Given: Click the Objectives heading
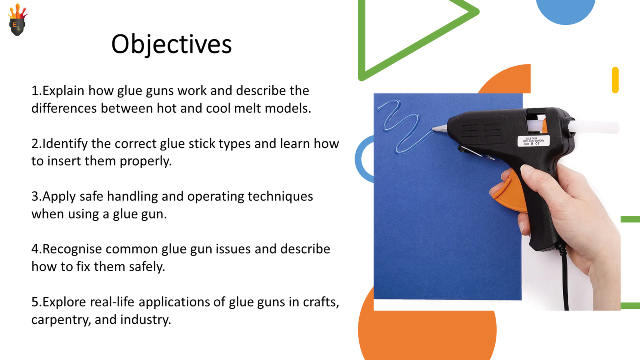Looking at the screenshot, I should [171, 44].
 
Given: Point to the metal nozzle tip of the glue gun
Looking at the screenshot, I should [439, 128].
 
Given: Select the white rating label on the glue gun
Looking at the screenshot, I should [534, 141].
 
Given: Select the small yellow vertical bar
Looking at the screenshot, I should [615, 80].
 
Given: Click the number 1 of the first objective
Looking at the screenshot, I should [35, 91].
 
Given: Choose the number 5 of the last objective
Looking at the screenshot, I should [35, 302].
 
